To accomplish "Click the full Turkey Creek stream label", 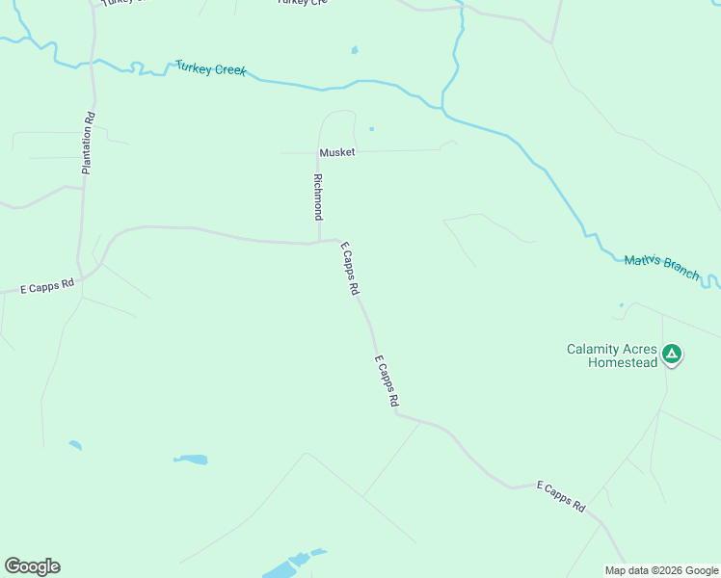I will [210, 69].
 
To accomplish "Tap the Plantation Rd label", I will [88, 143].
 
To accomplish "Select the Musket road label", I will [337, 152].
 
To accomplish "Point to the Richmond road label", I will [316, 196].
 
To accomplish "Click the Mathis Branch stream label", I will [661, 267].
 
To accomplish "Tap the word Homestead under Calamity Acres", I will [612, 362].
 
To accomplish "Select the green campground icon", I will [673, 355].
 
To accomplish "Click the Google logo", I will [32, 566].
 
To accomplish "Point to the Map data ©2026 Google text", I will [660, 570].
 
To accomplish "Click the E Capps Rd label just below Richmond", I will [350, 269].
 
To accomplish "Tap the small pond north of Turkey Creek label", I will [355, 50].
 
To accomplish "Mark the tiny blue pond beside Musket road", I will [371, 128].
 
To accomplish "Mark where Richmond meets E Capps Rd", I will [319, 243].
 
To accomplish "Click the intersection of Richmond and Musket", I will [318, 152].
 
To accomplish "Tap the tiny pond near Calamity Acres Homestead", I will [621, 305].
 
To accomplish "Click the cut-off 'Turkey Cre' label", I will [302, 3].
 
